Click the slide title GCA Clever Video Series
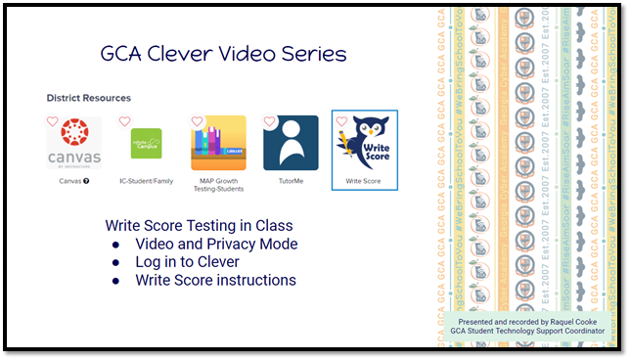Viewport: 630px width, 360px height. click(x=224, y=53)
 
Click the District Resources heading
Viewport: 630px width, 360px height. click(x=88, y=98)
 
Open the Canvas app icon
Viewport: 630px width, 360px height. click(x=73, y=143)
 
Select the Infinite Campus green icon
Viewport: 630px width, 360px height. click(x=146, y=143)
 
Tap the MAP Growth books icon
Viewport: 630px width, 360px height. click(x=218, y=143)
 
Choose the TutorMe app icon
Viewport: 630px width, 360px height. click(x=291, y=143)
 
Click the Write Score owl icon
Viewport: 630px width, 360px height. click(x=365, y=143)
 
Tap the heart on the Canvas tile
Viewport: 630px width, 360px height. click(x=53, y=122)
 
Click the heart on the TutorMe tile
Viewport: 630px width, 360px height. click(x=270, y=122)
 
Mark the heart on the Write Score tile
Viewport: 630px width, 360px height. click(x=341, y=122)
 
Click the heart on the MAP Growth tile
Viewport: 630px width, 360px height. click(x=198, y=122)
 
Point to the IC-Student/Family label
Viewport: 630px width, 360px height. click(x=146, y=181)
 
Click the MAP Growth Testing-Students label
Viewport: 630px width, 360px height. click(x=218, y=185)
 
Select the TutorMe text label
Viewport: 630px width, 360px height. click(x=291, y=181)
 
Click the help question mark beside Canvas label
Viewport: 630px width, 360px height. click(x=86, y=181)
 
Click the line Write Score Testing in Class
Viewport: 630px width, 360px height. click(x=199, y=225)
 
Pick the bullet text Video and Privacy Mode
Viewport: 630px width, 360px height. click(x=216, y=244)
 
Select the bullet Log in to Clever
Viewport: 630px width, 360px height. click(x=187, y=262)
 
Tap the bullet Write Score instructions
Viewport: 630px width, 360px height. click(x=215, y=281)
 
